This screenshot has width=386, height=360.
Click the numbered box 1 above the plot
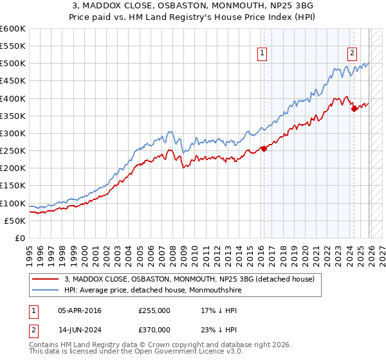(263, 55)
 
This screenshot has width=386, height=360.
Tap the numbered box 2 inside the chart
(353, 55)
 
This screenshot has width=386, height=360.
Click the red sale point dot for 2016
(264, 149)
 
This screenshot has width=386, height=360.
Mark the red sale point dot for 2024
(354, 109)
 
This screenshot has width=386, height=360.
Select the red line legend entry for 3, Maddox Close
(189, 279)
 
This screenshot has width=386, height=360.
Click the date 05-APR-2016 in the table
(80, 310)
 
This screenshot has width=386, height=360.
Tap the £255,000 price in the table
(154, 310)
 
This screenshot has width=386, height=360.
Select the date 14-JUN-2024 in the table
(80, 329)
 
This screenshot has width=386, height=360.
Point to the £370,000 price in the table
(154, 329)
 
